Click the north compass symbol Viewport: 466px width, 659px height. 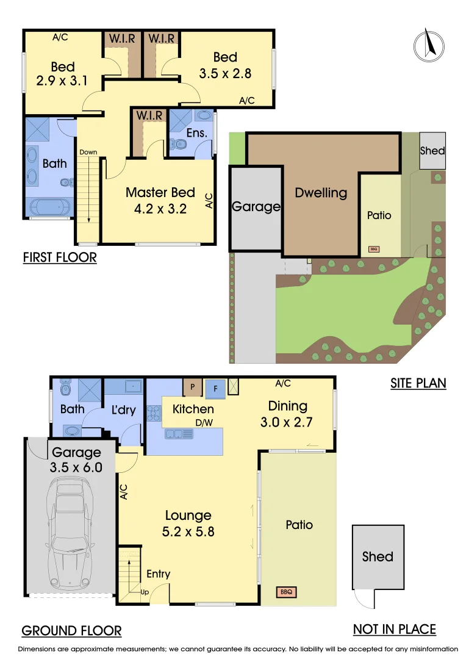click(429, 45)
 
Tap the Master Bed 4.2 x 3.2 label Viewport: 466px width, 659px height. click(160, 200)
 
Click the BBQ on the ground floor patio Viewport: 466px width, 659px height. click(286, 591)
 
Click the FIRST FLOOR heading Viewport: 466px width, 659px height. click(60, 257)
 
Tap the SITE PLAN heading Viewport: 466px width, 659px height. click(418, 383)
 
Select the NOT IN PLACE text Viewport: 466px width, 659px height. click(395, 629)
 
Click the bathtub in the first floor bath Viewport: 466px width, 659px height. click(49, 207)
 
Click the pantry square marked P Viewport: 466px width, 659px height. click(193, 387)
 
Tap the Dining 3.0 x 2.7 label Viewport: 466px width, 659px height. click(287, 413)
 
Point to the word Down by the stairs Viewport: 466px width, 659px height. click(88, 153)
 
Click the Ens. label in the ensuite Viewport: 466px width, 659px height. click(197, 132)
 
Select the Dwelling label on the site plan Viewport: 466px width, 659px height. click(321, 193)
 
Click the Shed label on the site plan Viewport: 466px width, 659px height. click(432, 151)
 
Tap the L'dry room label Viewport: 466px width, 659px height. click(123, 410)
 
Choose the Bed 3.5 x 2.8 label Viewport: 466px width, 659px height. click(225, 65)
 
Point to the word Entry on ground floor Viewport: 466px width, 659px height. click(159, 574)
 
